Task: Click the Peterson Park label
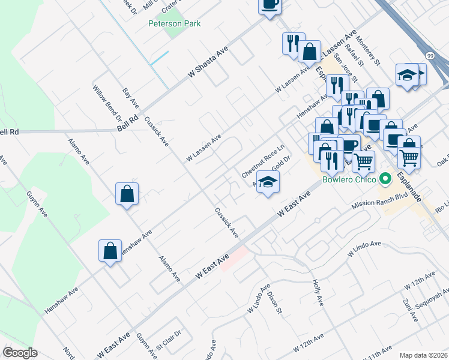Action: click(x=175, y=24)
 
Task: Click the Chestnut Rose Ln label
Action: click(x=262, y=160)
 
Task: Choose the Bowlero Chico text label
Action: click(x=349, y=179)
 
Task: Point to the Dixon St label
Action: click(x=274, y=302)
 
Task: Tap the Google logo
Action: click(x=20, y=353)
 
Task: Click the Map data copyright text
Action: click(x=424, y=355)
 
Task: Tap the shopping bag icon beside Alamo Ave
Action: click(x=127, y=194)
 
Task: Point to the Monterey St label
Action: click(x=369, y=51)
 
